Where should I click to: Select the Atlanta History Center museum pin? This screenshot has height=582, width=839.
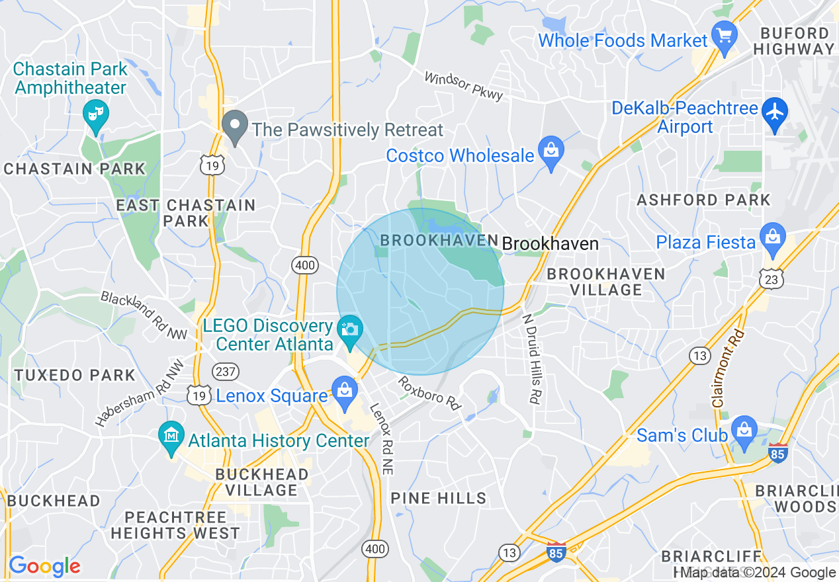(171, 436)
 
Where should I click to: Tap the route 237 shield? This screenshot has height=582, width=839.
(226, 372)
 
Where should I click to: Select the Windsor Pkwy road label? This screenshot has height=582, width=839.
(463, 86)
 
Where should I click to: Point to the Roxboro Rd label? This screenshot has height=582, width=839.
(429, 392)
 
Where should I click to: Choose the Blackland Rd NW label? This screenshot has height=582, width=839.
(144, 315)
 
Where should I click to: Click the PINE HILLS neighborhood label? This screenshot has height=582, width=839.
(439, 498)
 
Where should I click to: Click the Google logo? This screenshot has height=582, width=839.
(44, 566)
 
